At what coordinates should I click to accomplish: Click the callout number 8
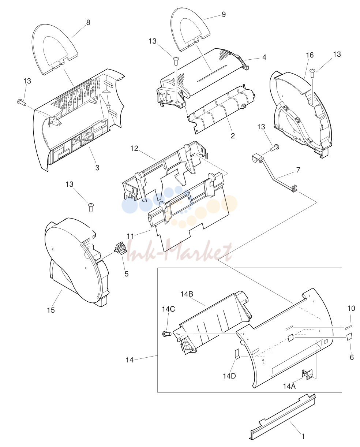(x=88, y=22)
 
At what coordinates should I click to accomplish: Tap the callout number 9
(x=224, y=14)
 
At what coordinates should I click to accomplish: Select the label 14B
(x=187, y=294)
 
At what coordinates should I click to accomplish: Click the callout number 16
(x=310, y=55)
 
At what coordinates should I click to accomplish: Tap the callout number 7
(x=298, y=170)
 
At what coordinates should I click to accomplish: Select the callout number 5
(x=127, y=274)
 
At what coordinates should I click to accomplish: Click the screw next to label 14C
(x=166, y=334)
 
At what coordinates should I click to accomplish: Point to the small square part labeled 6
(x=350, y=337)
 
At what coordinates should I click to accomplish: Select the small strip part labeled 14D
(x=237, y=354)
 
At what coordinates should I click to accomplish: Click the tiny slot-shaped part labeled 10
(x=349, y=327)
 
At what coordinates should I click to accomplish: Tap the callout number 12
(x=134, y=148)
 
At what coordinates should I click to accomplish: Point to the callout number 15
(x=51, y=310)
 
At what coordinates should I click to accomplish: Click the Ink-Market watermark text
(x=179, y=251)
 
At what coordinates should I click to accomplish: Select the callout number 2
(x=233, y=136)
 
